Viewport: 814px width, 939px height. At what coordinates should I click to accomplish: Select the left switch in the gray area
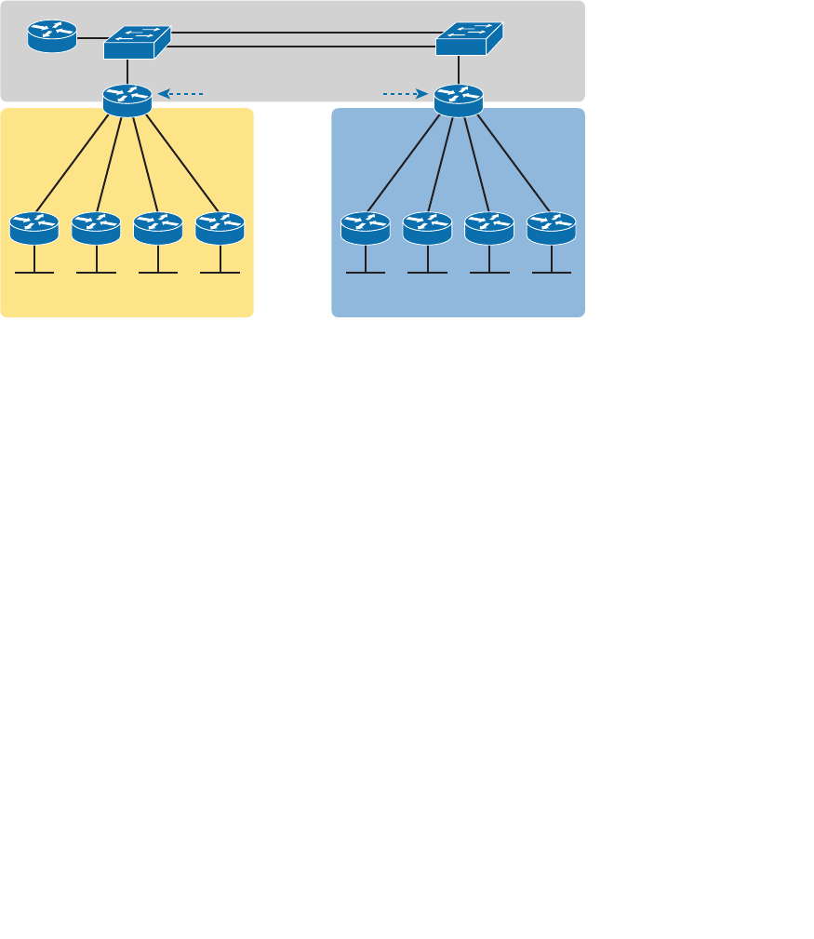coord(137,41)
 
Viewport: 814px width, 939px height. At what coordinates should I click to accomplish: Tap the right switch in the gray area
coord(469,39)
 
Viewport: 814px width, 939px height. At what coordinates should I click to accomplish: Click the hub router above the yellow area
coord(127,100)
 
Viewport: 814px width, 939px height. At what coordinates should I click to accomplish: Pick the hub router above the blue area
coord(459,100)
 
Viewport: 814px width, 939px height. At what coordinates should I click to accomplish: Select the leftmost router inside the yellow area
coord(34,227)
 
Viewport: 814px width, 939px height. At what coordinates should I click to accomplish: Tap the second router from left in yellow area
coord(96,227)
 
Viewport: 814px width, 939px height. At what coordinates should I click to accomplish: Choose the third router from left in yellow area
coord(158,227)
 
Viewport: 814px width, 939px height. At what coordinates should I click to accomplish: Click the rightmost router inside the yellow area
coord(220,227)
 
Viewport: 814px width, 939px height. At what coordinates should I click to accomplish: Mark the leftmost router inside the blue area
coord(366,227)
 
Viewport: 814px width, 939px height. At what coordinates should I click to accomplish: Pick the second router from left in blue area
coord(427,227)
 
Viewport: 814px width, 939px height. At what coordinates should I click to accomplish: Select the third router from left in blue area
coord(489,227)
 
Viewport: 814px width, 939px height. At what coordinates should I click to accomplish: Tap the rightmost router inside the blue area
coord(551,227)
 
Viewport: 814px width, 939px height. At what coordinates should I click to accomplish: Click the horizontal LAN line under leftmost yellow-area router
coord(34,273)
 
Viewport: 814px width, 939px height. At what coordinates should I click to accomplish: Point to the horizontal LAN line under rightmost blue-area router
coord(551,273)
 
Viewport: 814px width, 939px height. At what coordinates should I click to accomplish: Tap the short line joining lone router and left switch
coord(91,39)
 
